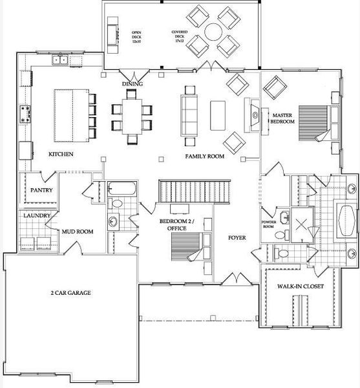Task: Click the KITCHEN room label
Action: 61,155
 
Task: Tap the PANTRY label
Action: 42,190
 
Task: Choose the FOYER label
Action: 238,237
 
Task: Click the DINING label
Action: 132,84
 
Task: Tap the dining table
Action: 132,115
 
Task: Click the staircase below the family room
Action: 194,192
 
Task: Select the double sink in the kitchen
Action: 61,61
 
